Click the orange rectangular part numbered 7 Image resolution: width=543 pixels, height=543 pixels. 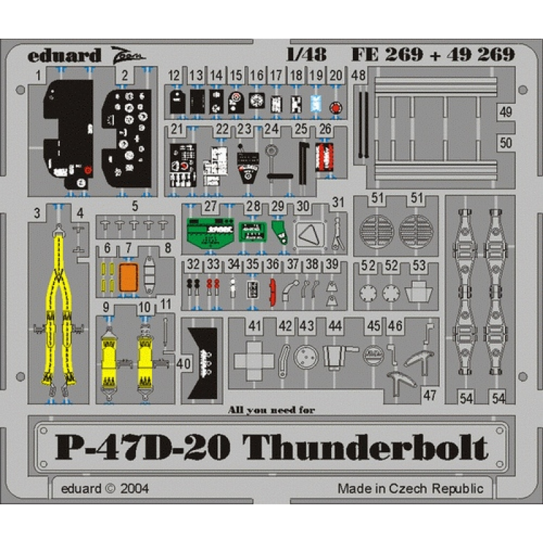point(128,278)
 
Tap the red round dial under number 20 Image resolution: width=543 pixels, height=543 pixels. point(335,108)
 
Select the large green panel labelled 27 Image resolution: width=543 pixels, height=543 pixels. point(210,232)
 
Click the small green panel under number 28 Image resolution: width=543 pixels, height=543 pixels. point(252,231)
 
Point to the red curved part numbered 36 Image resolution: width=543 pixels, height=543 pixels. point(273,292)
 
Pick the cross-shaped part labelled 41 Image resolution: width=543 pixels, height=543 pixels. point(254,360)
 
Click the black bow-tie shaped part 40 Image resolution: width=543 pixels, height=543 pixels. point(203,363)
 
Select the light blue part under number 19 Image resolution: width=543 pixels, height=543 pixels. point(316,104)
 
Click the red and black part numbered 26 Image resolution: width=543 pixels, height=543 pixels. point(324,157)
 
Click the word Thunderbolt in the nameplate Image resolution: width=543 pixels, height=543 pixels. point(365,446)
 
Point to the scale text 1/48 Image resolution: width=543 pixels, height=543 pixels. point(307,54)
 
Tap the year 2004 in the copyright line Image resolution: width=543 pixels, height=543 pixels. point(134,489)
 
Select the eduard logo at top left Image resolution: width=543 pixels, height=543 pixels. point(64,56)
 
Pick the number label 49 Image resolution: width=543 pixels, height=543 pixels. point(506,112)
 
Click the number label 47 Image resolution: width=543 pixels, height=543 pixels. point(430,396)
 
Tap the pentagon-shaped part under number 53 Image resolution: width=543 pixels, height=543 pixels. point(418,292)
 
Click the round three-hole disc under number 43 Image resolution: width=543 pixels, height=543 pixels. point(306,357)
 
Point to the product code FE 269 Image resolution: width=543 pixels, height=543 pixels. point(387,54)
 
